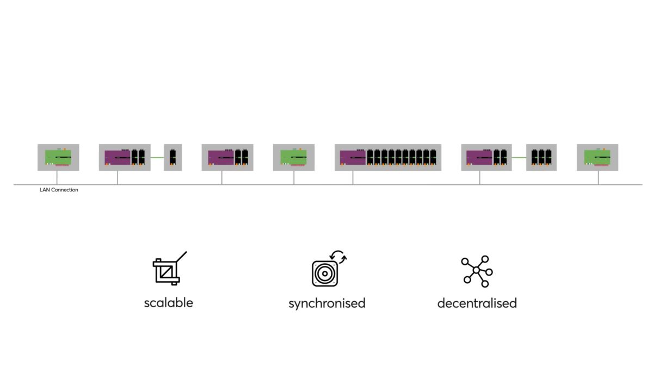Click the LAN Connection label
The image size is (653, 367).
pyautogui.click(x=59, y=190)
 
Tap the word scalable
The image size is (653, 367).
pyautogui.click(x=169, y=303)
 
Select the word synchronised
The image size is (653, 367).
pyautogui.click(x=327, y=304)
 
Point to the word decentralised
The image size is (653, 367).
pyautogui.click(x=477, y=303)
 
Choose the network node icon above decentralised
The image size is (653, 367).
pyautogui.click(x=477, y=271)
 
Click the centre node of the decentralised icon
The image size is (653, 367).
pyautogui.click(x=476, y=270)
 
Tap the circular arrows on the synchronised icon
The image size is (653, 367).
pyautogui.click(x=338, y=257)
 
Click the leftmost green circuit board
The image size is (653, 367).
pyautogui.click(x=58, y=158)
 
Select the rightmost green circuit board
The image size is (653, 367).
pyautogui.click(x=597, y=158)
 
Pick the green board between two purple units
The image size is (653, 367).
pyautogui.click(x=293, y=158)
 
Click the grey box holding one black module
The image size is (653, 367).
pyautogui.click(x=173, y=157)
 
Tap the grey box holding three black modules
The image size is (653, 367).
pyautogui.click(x=541, y=157)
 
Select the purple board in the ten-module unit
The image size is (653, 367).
pyautogui.click(x=353, y=158)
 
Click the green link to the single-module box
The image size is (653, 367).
pyautogui.click(x=157, y=158)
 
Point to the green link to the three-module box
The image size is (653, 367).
pyautogui.click(x=519, y=158)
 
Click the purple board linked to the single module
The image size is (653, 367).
pyautogui.click(x=117, y=158)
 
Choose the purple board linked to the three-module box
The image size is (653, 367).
pyautogui.click(x=479, y=158)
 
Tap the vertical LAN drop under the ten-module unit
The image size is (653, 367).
pyautogui.click(x=353, y=178)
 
